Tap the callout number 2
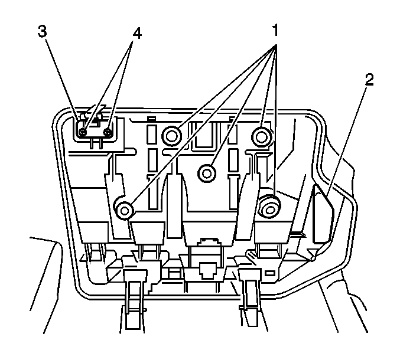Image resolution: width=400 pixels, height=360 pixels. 369,81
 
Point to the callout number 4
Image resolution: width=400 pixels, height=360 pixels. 137,34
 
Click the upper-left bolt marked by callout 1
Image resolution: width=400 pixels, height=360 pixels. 171,137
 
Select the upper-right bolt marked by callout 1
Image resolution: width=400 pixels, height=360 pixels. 262,137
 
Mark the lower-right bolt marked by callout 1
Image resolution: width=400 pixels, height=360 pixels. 269,206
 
